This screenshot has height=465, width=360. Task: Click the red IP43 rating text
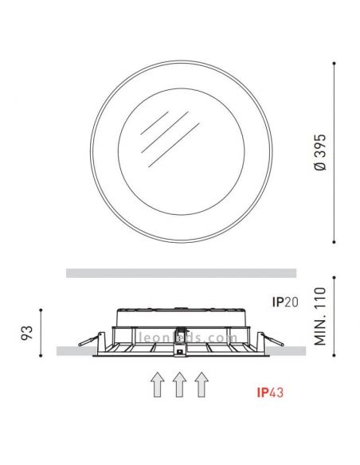pyautogui.click(x=271, y=393)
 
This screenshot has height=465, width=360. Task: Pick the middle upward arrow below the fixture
pyautogui.click(x=180, y=385)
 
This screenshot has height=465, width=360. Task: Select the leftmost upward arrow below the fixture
pyautogui.click(x=158, y=385)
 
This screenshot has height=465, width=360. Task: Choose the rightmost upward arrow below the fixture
pyautogui.click(x=202, y=385)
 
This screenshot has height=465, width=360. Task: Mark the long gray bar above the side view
pyautogui.click(x=181, y=273)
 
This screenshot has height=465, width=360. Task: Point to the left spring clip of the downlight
pyautogui.click(x=92, y=338)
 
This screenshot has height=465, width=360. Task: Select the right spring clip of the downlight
pyautogui.click(x=268, y=338)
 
